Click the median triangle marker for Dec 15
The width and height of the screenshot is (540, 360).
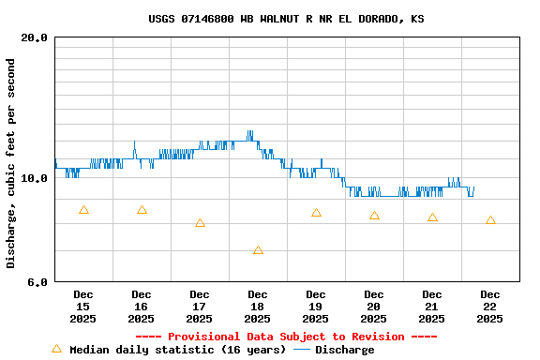pyautogui.click(x=83, y=210)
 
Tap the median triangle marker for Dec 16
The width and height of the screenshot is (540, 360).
pyautogui.click(x=142, y=210)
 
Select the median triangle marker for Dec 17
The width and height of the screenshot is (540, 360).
pyautogui.click(x=200, y=223)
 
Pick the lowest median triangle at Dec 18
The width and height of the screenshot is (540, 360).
pyautogui.click(x=258, y=250)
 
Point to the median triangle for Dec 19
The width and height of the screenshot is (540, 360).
pyautogui.click(x=316, y=213)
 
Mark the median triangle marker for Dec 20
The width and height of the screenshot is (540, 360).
pyautogui.click(x=374, y=216)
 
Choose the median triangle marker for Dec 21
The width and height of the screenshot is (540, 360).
pyautogui.click(x=432, y=217)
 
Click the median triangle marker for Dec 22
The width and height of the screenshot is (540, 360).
pyautogui.click(x=490, y=220)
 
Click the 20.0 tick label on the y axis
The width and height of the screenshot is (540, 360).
pyautogui.click(x=35, y=38)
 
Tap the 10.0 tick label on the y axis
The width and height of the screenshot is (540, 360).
pyautogui.click(x=35, y=178)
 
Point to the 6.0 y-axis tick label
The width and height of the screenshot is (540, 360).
pyautogui.click(x=37, y=282)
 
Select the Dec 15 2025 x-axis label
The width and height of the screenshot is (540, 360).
pyautogui.click(x=83, y=307)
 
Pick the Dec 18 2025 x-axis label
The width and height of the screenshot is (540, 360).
pyautogui.click(x=258, y=307)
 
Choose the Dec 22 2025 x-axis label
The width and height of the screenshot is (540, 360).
pyautogui.click(x=490, y=307)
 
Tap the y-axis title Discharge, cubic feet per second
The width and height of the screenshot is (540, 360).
pyautogui.click(x=11, y=163)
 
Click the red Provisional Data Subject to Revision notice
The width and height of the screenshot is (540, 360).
pyautogui.click(x=286, y=337)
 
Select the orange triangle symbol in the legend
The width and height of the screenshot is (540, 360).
pyautogui.click(x=56, y=349)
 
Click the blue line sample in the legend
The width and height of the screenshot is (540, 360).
pyautogui.click(x=302, y=350)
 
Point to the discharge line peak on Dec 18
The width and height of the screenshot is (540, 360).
pyautogui.click(x=249, y=131)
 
